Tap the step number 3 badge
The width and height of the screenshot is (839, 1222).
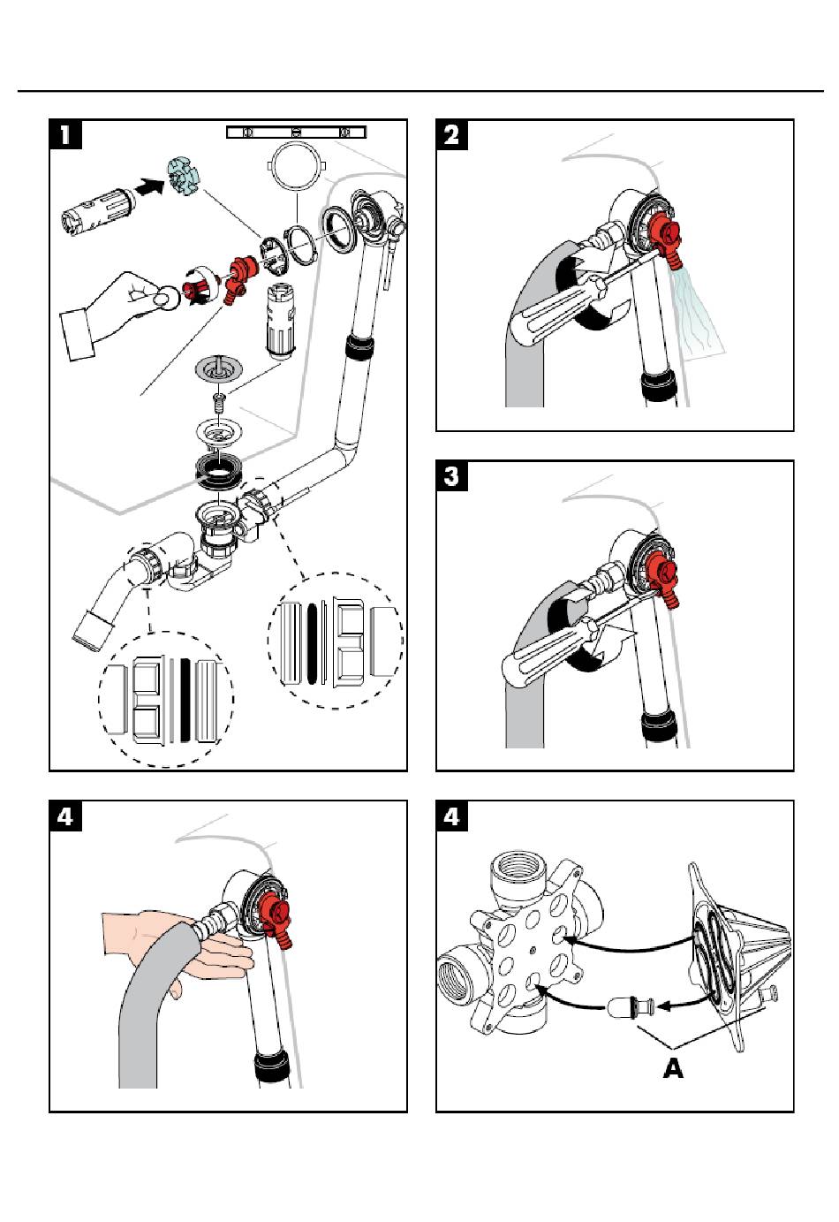pyautogui.click(x=453, y=476)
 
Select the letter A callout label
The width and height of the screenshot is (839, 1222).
pyautogui.click(x=673, y=1067)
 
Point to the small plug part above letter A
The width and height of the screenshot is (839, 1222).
pyautogui.click(x=628, y=1006)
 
